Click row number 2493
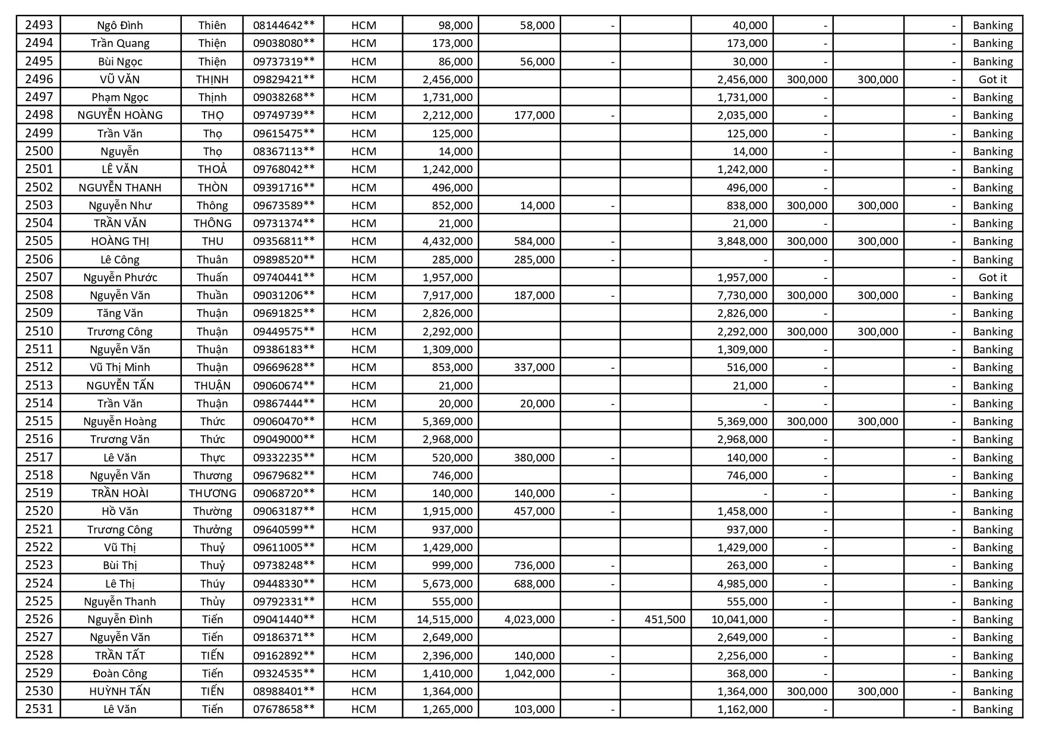39,25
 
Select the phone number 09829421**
283,79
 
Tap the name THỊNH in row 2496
212,79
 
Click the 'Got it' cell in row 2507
992,277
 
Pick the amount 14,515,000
445,619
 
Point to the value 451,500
664,619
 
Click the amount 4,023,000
529,619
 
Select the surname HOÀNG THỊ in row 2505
120,241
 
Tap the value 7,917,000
448,295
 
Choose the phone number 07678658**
283,709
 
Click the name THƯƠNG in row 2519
212,493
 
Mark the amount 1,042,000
529,673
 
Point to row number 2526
39,619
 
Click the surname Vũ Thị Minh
120,367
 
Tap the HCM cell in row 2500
364,151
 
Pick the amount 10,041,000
739,619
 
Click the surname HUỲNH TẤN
120,691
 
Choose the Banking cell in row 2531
992,709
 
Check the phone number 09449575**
283,331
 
